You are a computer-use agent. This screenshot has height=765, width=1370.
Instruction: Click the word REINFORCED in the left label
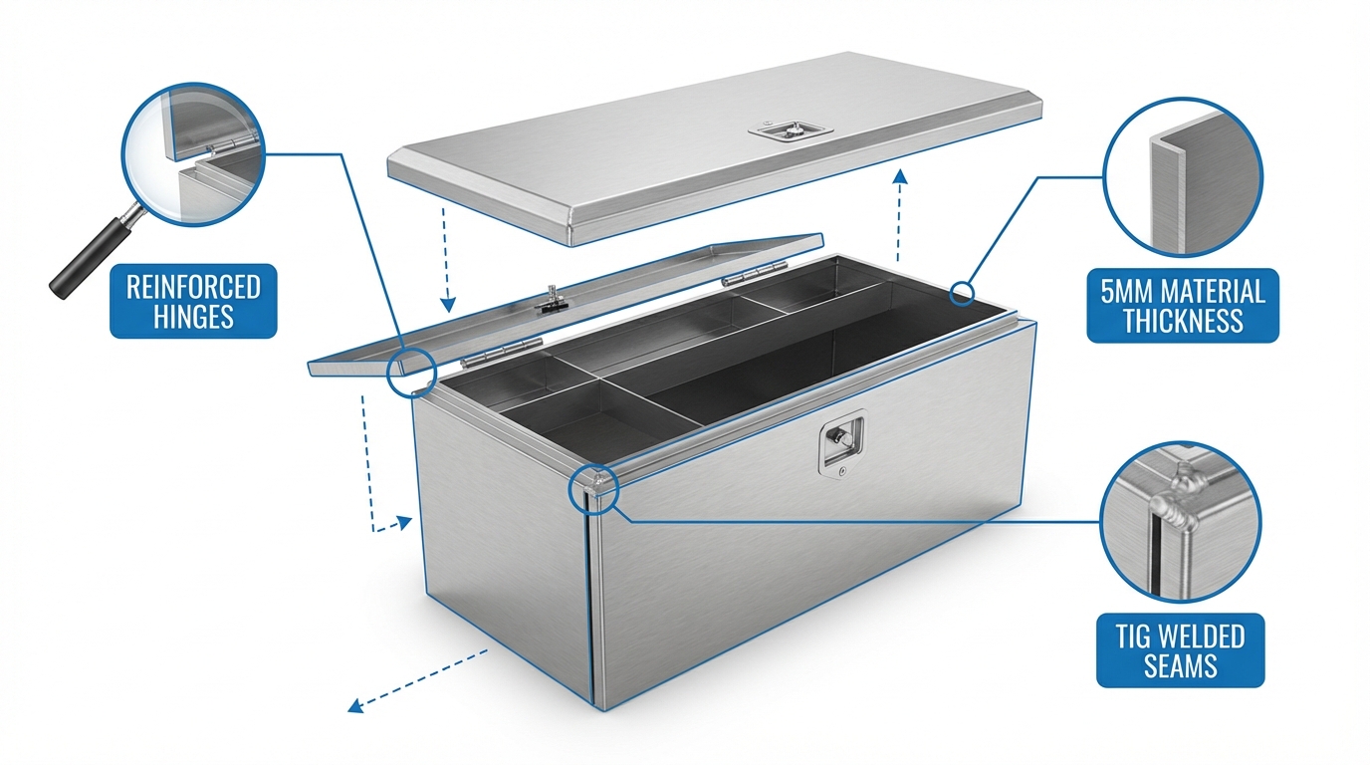[193, 287]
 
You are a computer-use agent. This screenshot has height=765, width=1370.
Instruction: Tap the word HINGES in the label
[193, 317]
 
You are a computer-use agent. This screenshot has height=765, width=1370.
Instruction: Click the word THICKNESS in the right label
[1183, 321]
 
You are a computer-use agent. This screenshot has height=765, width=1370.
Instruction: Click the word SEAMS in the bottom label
[1181, 665]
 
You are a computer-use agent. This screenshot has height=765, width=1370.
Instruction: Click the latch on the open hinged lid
[551, 300]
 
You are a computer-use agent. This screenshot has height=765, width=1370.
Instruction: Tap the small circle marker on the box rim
[962, 294]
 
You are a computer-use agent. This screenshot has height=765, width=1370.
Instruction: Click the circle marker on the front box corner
[593, 489]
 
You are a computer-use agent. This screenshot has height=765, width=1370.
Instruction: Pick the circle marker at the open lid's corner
[411, 373]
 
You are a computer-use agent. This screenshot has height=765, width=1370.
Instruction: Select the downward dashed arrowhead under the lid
[449, 304]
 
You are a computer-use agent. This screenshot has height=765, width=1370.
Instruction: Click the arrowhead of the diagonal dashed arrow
[354, 706]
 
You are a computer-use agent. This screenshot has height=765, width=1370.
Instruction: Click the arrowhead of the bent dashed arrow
[405, 523]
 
